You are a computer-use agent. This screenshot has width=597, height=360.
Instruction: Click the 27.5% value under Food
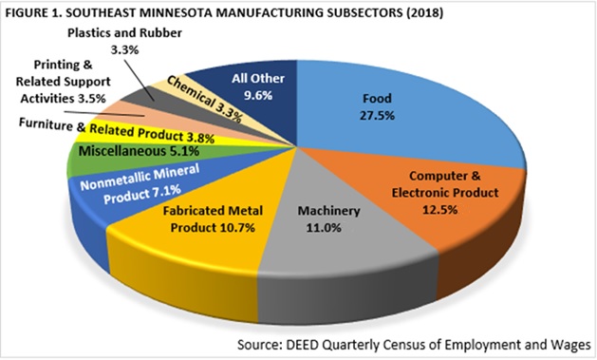point(377,116)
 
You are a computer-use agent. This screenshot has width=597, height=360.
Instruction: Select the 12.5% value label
point(439,210)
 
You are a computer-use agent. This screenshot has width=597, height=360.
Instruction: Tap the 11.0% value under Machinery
point(324,228)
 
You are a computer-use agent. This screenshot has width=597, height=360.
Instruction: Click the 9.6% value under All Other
point(258,95)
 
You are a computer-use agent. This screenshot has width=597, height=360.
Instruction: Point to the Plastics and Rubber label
point(124,32)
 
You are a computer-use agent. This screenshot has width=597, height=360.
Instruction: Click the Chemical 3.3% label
point(204,100)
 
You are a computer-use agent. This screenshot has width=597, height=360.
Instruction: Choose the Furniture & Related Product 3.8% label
point(117,130)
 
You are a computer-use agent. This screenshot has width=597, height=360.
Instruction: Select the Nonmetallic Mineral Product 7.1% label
point(140,184)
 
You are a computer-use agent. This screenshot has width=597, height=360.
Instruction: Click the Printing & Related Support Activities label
point(63,82)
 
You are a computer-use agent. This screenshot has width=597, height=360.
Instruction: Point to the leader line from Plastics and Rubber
point(139,79)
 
